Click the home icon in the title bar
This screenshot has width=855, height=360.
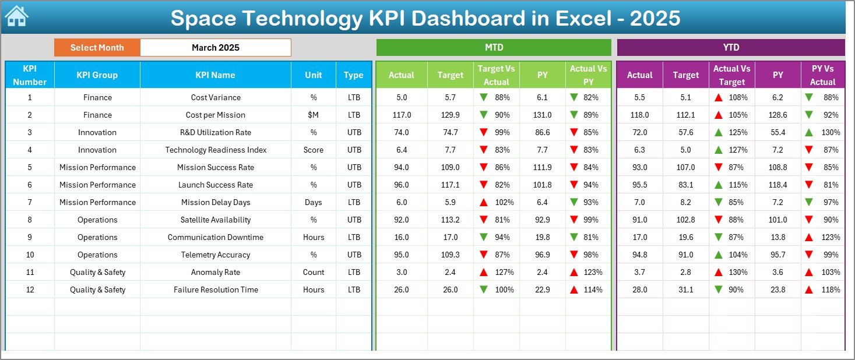[x=16, y=16]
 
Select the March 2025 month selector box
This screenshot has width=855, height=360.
[x=215, y=48]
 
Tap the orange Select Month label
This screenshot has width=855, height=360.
[x=97, y=48]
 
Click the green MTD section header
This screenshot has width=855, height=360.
[x=494, y=48]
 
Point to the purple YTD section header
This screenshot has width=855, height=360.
[x=730, y=48]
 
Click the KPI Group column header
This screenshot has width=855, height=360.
[x=97, y=75]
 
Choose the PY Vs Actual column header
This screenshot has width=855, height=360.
[x=822, y=75]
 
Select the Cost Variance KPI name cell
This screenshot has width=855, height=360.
[x=215, y=97]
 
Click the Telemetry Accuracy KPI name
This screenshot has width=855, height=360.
[x=215, y=255]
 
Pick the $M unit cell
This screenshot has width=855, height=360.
[x=314, y=115]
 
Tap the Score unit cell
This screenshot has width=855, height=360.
[x=314, y=150]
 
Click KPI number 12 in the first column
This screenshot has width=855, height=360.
[x=30, y=290]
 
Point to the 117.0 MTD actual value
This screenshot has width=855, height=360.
[x=402, y=115]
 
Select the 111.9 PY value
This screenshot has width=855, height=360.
[x=542, y=167]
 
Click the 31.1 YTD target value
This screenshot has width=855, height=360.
[x=685, y=290]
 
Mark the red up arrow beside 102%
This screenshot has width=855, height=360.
[x=483, y=202]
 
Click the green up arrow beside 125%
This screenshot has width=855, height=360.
[x=719, y=132]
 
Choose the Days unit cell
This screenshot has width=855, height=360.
[x=314, y=202]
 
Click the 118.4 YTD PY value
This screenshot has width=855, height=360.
[x=777, y=185]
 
